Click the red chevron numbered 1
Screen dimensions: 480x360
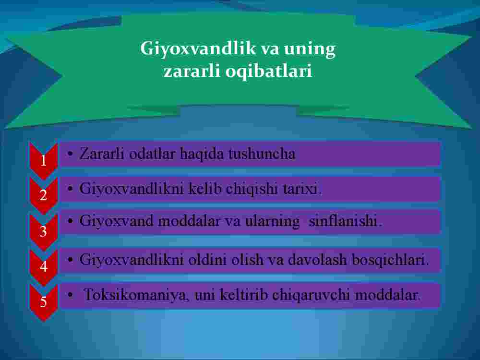pos(44,160)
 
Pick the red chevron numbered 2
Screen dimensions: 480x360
pos(44,195)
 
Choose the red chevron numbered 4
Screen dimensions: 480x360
pos(44,267)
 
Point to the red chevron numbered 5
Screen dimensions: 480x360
pos(44,302)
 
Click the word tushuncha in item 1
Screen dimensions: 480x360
pos(262,154)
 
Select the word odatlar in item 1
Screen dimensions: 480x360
pos(152,154)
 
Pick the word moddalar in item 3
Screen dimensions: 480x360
pos(189,221)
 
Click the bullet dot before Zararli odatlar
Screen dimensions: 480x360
pos(71,154)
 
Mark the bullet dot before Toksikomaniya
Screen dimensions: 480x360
pos(71,295)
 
